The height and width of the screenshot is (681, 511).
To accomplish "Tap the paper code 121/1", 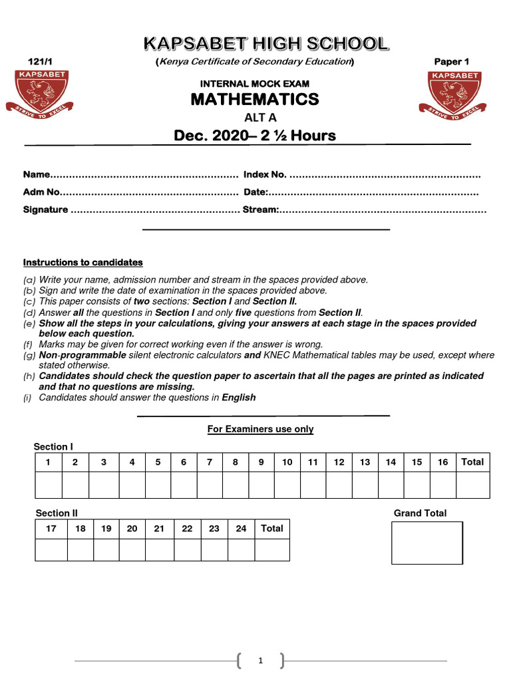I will [33, 62].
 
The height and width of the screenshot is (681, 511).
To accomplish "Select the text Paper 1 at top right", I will [451, 62].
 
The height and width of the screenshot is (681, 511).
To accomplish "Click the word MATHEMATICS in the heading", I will [255, 100].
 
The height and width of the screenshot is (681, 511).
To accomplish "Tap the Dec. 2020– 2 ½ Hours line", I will [255, 136].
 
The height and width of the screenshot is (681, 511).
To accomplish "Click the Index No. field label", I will [265, 175].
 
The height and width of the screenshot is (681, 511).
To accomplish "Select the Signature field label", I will [45, 210].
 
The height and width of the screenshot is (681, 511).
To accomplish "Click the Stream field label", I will [259, 210].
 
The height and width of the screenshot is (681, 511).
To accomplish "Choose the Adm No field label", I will [41, 193].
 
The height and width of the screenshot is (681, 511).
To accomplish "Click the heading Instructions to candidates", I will [83, 263].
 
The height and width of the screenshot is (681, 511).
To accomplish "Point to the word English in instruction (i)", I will [238, 398].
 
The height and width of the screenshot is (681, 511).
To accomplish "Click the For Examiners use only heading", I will [260, 430].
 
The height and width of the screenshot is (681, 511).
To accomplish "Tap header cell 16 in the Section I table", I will [442, 462].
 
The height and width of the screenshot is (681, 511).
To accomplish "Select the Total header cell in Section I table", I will [472, 462].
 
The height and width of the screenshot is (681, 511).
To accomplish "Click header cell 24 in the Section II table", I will [241, 529].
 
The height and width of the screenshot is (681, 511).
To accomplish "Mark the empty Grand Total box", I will [426, 543].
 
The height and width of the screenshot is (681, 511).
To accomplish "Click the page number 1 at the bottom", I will [260, 661].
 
